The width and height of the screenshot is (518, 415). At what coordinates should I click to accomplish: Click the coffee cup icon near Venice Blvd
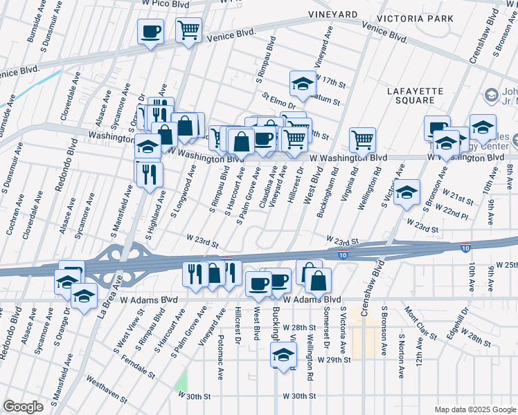150,31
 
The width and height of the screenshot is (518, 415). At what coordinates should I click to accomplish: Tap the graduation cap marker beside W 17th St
302,83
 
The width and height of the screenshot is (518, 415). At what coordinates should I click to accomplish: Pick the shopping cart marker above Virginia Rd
362,140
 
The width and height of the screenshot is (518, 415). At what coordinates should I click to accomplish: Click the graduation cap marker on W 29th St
283,356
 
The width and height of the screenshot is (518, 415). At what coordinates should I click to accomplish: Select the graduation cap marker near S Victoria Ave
407,192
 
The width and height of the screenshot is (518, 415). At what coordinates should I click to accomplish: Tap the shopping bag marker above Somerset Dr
318,280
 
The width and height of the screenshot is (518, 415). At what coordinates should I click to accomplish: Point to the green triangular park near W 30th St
181,380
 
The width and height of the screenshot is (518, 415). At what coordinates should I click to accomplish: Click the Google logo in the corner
23,407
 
